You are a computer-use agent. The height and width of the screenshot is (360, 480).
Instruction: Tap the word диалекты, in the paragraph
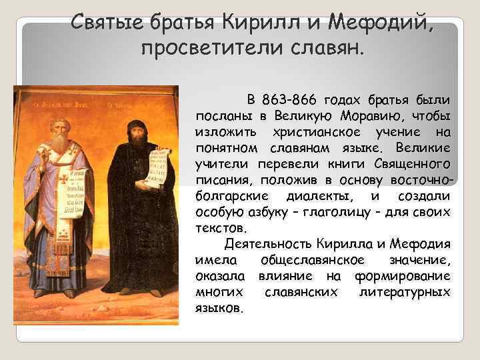click(x=326, y=196)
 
